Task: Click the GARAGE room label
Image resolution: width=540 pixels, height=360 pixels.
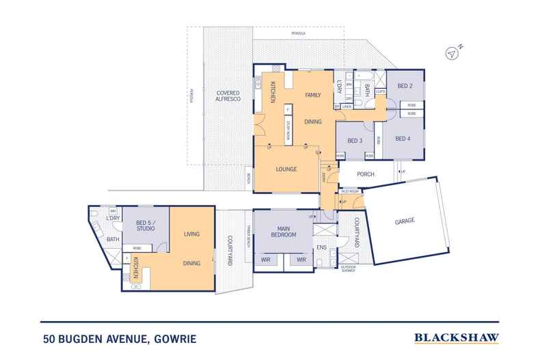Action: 405,221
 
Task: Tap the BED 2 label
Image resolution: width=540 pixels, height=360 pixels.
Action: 405,86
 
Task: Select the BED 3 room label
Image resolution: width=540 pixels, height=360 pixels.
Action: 354,141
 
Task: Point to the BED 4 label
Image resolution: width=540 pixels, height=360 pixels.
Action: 403,139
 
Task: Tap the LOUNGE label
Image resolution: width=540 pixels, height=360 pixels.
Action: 286,168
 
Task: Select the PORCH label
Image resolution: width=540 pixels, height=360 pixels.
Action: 366,174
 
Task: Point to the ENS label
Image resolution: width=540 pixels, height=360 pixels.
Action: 321,240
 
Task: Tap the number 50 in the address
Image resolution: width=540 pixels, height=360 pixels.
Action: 46,338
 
